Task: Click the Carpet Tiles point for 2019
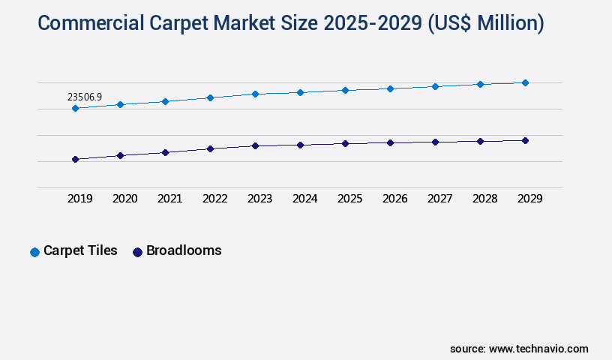point(75,108)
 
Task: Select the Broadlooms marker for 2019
point(75,159)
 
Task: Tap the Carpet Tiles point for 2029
point(525,82)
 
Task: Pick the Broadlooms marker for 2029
point(525,140)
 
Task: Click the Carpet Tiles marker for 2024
point(300,92)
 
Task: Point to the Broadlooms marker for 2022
point(210,148)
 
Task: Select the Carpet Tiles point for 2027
point(435,86)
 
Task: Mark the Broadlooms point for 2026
point(390,142)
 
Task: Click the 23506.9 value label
point(85,97)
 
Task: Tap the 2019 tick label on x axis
point(80,199)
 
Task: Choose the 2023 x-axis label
point(260,199)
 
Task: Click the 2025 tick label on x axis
point(350,199)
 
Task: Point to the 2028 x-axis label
point(485,199)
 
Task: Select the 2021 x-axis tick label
point(170,199)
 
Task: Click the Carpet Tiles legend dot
point(34,252)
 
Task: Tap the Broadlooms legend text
point(184,250)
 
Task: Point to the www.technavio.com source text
point(538,349)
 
